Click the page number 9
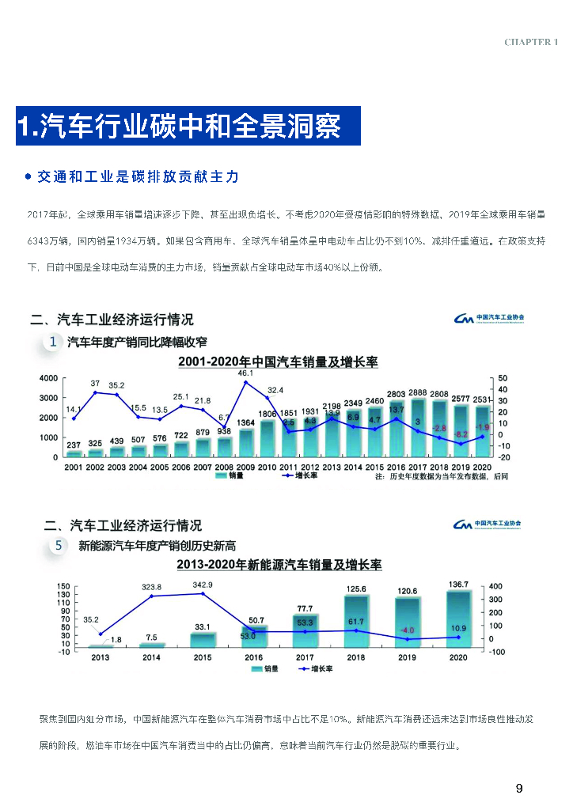click(519, 788)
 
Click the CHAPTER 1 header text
click(531, 42)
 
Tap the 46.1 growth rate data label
click(245, 373)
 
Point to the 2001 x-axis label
click(74, 467)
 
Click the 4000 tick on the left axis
click(48, 378)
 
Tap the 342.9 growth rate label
click(203, 585)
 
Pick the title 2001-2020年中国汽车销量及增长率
click(279, 361)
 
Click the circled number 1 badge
click(52, 342)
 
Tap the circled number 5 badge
click(59, 546)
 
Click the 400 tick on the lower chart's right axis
click(496, 587)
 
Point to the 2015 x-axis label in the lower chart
click(203, 657)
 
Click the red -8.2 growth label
click(460, 434)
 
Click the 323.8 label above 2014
click(151, 587)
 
